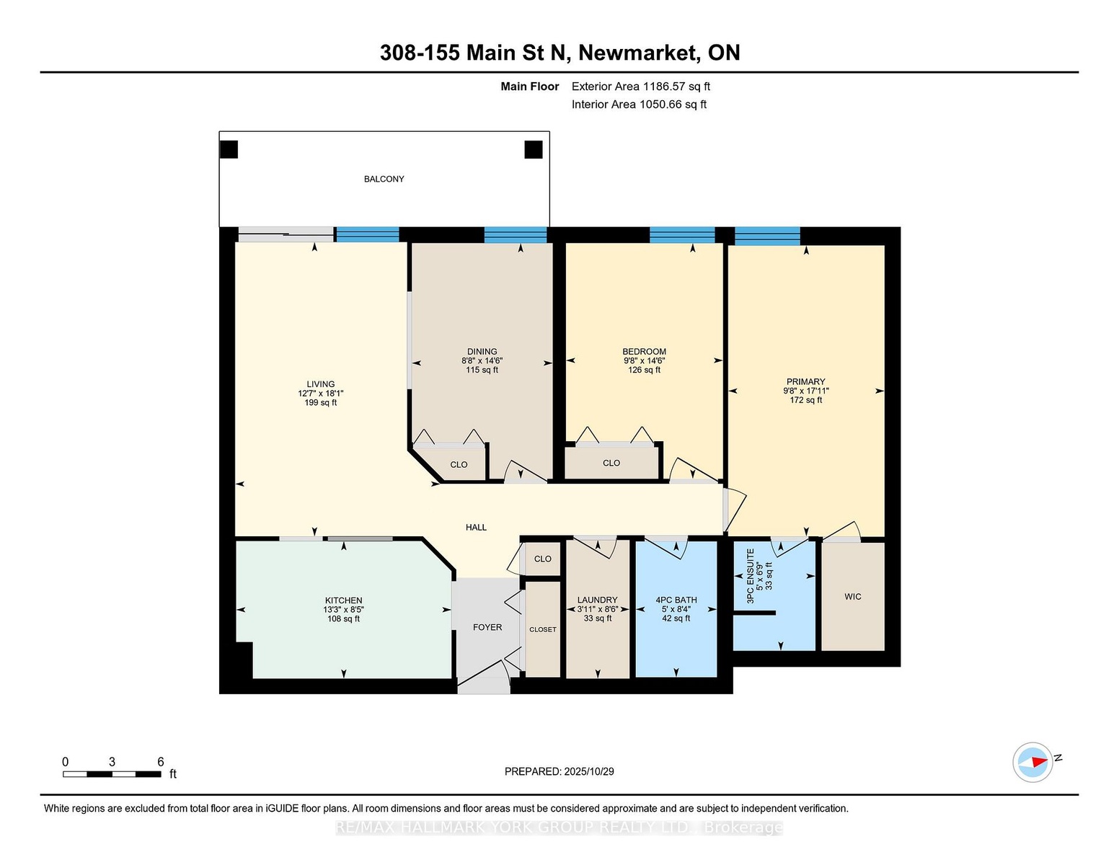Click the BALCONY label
coord(384,179)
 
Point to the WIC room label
coord(853,596)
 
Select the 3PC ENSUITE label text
coord(751,576)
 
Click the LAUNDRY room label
coord(597,600)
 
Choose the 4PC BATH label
coord(676,600)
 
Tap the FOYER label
coord(487,627)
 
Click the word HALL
coord(476,527)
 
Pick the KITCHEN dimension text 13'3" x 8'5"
coord(343,609)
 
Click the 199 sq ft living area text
coord(320,402)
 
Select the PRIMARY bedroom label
coord(806,381)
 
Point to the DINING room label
coord(482,352)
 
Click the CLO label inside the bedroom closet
coord(611,463)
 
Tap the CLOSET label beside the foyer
coord(543,629)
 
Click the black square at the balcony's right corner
coord(534,150)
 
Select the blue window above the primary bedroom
coord(767,236)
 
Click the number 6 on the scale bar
coord(161,762)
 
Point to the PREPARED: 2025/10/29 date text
coord(559,771)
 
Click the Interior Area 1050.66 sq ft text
coord(639,105)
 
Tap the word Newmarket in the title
coord(637,53)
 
